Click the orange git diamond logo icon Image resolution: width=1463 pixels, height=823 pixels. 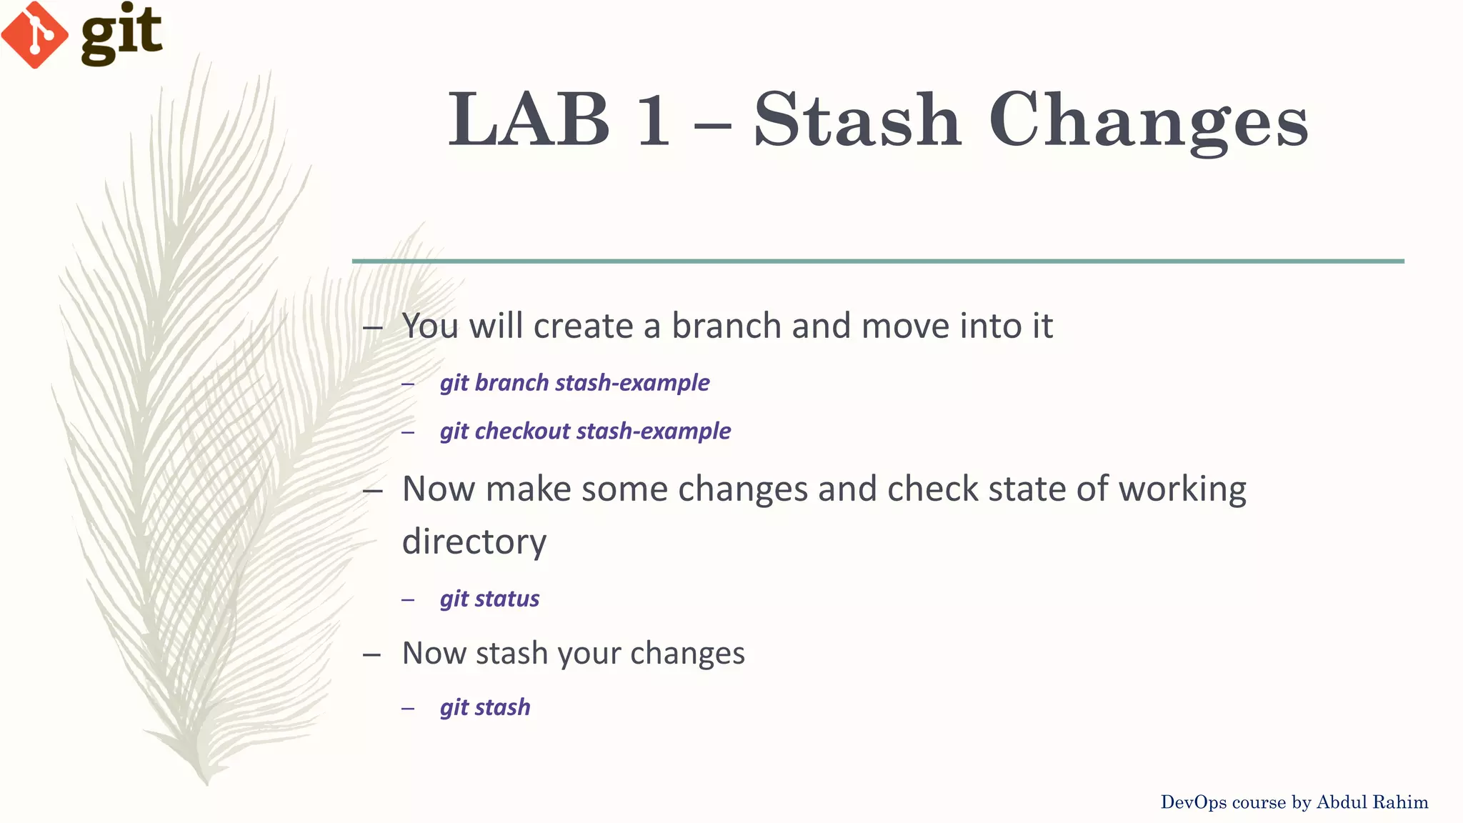tap(34, 34)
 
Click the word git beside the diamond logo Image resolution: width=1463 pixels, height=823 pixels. tap(121, 34)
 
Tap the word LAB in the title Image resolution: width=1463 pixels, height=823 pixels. tap(529, 120)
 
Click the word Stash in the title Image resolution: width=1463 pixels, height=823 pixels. tap(857, 120)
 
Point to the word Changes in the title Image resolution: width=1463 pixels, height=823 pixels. tap(1149, 121)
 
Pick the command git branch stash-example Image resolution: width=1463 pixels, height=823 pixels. tap(574, 383)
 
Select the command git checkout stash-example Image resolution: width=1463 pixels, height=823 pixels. tap(585, 432)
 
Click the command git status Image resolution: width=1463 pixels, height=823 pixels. tap(489, 599)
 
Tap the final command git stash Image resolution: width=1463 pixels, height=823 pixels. tap(485, 707)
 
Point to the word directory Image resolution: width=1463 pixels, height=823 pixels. tap(474, 542)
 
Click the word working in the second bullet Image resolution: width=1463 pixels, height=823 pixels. tap(1182, 490)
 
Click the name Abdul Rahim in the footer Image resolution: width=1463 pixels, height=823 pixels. tap(1372, 802)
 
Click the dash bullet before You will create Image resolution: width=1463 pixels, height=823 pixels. tap(372, 327)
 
